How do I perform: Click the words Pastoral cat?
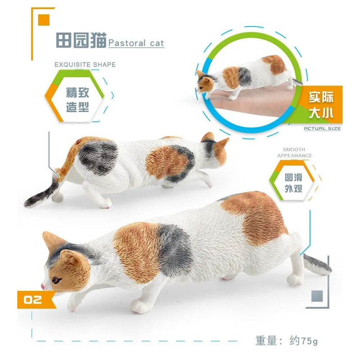click(x=136, y=44)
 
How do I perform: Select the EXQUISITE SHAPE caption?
click(x=85, y=65)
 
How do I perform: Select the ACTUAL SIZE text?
click(x=322, y=129)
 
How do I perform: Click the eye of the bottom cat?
click(x=56, y=280)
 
